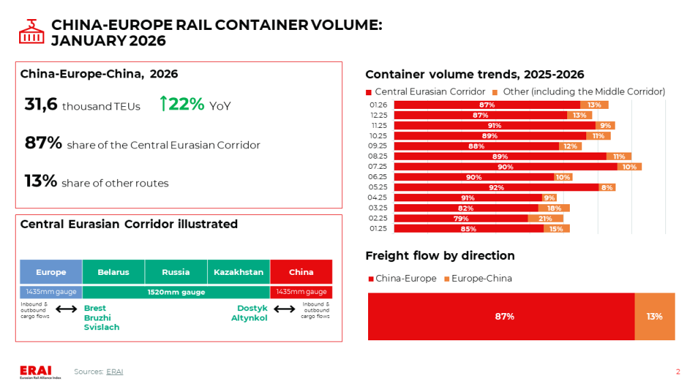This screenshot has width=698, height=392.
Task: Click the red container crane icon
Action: click(x=31, y=32)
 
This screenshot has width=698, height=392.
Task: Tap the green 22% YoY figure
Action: click(x=181, y=104)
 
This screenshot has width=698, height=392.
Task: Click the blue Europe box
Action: click(x=51, y=272)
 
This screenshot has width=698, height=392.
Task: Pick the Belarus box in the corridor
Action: click(x=113, y=272)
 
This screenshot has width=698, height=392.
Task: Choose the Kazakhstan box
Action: click(x=239, y=272)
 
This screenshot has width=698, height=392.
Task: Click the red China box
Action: click(x=301, y=272)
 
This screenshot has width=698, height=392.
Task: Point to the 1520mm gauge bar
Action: click(x=176, y=292)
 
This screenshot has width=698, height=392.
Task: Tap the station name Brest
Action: click(x=95, y=308)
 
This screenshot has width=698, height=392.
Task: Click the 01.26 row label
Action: click(x=378, y=105)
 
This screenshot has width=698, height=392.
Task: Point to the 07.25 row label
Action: click(x=378, y=167)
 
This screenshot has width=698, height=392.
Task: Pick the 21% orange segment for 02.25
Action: click(x=545, y=218)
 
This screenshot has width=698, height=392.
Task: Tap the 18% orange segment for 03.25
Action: click(x=554, y=208)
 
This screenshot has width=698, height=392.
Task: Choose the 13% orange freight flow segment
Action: click(x=654, y=316)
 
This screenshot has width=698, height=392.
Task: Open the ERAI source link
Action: click(x=115, y=372)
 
